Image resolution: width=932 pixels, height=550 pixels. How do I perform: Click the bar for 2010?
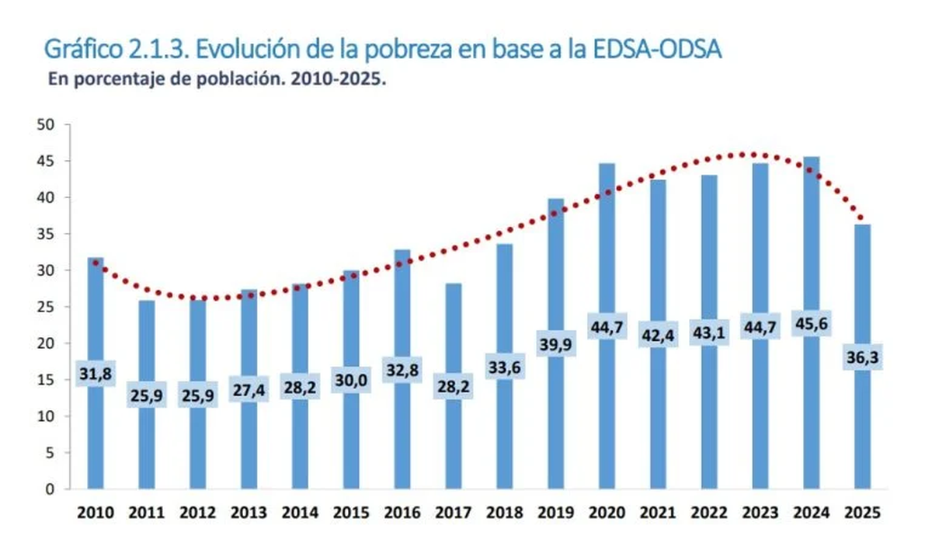click(95, 435)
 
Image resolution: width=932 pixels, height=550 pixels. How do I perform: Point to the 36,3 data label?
click(862, 358)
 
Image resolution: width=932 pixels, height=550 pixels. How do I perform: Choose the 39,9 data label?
click(555, 344)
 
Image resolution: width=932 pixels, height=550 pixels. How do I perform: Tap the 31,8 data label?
click(95, 374)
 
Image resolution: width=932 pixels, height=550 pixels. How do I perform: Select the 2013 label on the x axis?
click(249, 513)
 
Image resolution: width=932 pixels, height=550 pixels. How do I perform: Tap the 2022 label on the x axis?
click(709, 513)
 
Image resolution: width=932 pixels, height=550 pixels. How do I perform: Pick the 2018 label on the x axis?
click(504, 513)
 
